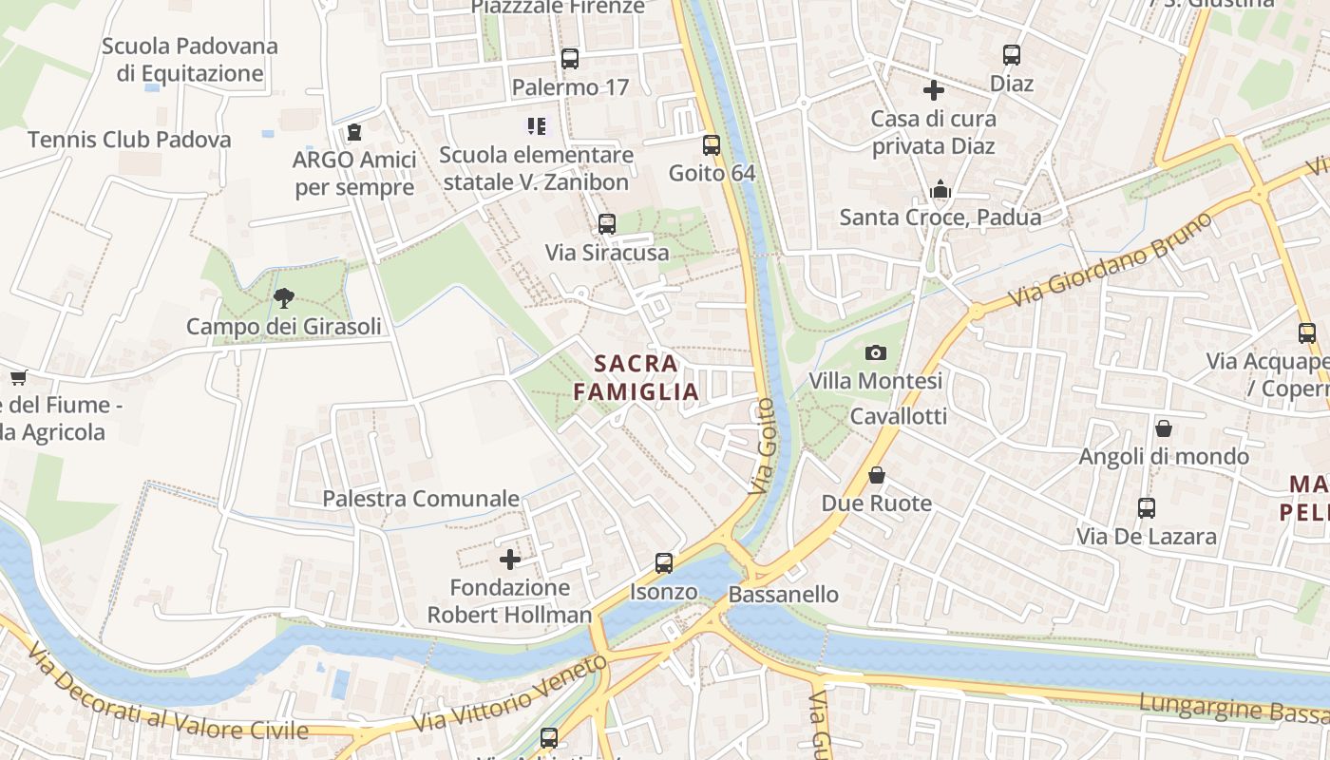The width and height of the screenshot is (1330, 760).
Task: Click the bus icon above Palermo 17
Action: (569, 59)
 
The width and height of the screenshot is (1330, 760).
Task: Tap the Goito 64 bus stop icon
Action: (712, 145)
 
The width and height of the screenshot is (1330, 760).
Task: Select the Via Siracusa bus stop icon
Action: (607, 224)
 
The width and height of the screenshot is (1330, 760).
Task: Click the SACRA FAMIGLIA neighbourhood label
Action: (636, 377)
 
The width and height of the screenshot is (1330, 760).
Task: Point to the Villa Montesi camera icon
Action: (876, 353)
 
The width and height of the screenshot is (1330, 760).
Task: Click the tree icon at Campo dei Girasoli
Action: (283, 298)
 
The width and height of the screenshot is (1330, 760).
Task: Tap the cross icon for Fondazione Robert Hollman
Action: (510, 560)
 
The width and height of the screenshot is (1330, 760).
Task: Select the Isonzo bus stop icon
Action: (664, 563)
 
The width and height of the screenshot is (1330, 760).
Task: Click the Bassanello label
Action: (784, 595)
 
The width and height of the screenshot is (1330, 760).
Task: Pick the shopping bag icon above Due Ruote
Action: (876, 475)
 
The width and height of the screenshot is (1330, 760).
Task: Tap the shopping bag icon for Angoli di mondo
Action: (1164, 428)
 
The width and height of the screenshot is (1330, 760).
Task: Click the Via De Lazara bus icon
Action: (1147, 508)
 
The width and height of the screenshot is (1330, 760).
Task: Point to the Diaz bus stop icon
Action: (1012, 55)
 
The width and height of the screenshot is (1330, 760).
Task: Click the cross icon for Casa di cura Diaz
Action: (934, 90)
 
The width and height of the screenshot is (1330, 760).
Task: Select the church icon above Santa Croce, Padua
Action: (940, 189)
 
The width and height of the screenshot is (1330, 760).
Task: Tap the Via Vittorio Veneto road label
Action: (511, 694)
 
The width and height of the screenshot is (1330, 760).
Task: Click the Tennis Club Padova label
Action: (129, 140)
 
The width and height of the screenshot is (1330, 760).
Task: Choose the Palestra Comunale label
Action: (421, 499)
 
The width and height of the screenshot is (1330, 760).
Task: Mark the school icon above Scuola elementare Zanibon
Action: (537, 125)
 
